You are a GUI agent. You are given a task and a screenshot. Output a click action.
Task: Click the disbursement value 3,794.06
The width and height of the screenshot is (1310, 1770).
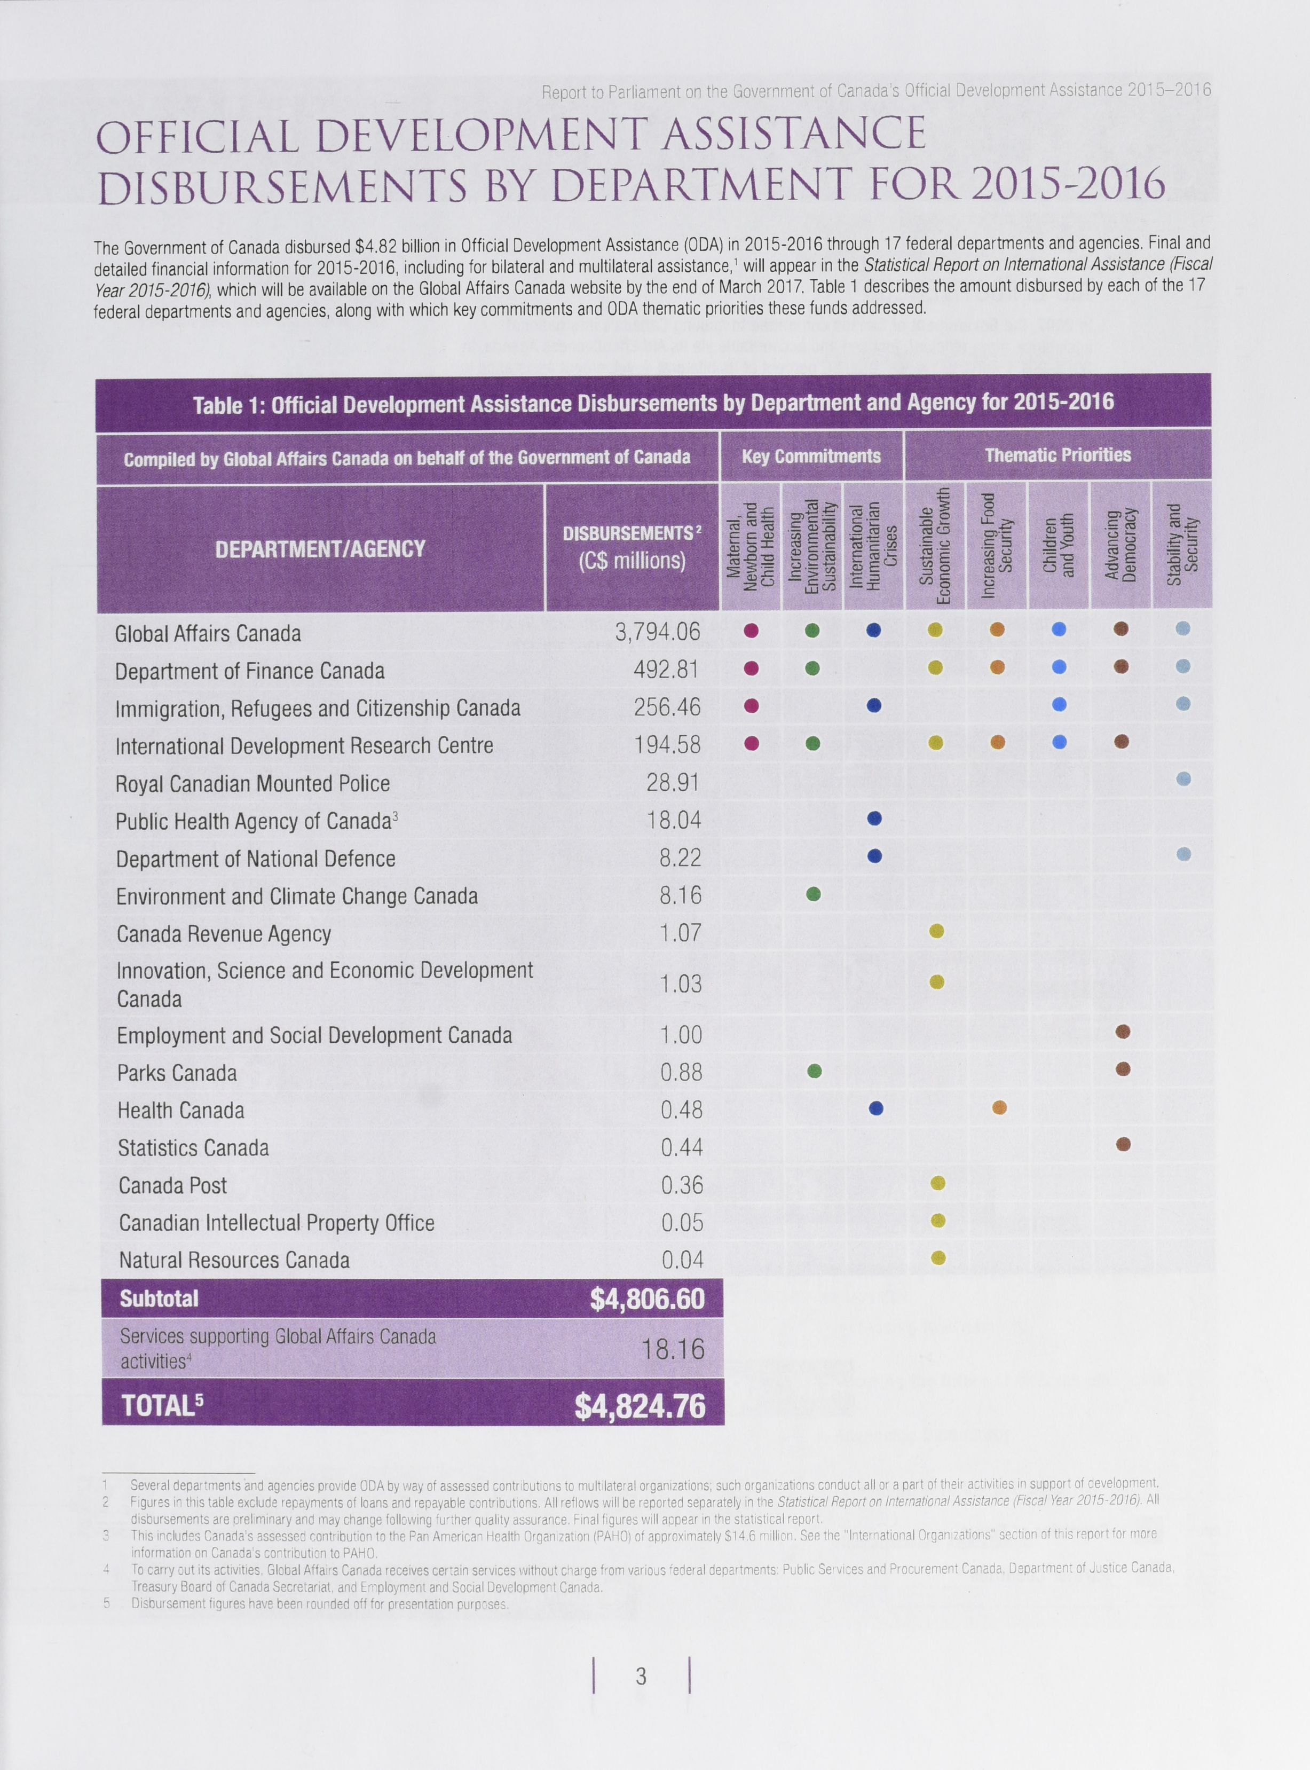pos(657,632)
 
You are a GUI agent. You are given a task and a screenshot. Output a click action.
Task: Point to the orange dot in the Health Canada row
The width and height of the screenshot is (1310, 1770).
pos(999,1108)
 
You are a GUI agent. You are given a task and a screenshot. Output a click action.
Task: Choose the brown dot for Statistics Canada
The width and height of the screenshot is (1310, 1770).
pos(1123,1144)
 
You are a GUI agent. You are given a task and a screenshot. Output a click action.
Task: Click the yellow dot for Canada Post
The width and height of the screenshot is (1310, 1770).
pos(937,1184)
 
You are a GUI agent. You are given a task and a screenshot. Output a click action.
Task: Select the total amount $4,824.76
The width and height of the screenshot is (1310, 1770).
pos(640,1406)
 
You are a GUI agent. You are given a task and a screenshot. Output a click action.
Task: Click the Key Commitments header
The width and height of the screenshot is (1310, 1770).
pos(811,456)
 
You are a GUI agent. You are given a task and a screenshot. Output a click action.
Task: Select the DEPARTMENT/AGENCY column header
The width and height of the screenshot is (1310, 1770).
pos(320,549)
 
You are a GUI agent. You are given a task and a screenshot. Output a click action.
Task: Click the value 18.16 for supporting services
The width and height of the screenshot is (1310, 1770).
pos(673,1349)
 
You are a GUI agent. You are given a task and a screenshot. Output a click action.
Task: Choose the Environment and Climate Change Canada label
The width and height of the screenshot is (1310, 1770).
pos(297,896)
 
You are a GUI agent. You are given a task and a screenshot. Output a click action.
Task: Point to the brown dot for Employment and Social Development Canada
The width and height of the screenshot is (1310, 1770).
pos(1122,1032)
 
